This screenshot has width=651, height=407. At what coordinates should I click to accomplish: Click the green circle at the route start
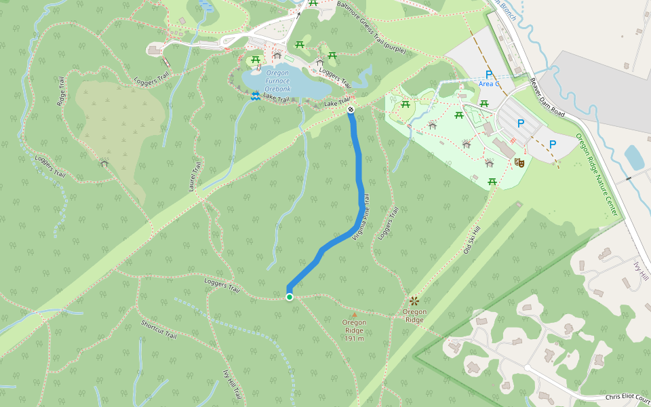290,297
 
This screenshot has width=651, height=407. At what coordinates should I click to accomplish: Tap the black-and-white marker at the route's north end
351,109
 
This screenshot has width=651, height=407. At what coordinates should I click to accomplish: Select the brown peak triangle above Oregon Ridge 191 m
353,315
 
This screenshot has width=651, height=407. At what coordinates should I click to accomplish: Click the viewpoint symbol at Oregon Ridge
414,300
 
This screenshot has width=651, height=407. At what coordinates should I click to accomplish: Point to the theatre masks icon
519,163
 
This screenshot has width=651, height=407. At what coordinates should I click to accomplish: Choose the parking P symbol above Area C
488,75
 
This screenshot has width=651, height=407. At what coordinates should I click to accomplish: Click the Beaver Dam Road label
547,98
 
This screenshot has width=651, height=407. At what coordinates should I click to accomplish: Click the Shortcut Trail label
159,330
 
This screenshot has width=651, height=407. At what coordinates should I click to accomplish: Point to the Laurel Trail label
195,176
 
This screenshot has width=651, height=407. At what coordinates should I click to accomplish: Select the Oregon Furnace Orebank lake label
277,81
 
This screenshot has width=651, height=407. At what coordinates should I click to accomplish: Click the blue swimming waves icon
255,97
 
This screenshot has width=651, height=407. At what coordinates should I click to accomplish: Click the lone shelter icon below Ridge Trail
104,163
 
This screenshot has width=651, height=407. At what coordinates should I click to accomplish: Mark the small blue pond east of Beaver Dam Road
634,157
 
